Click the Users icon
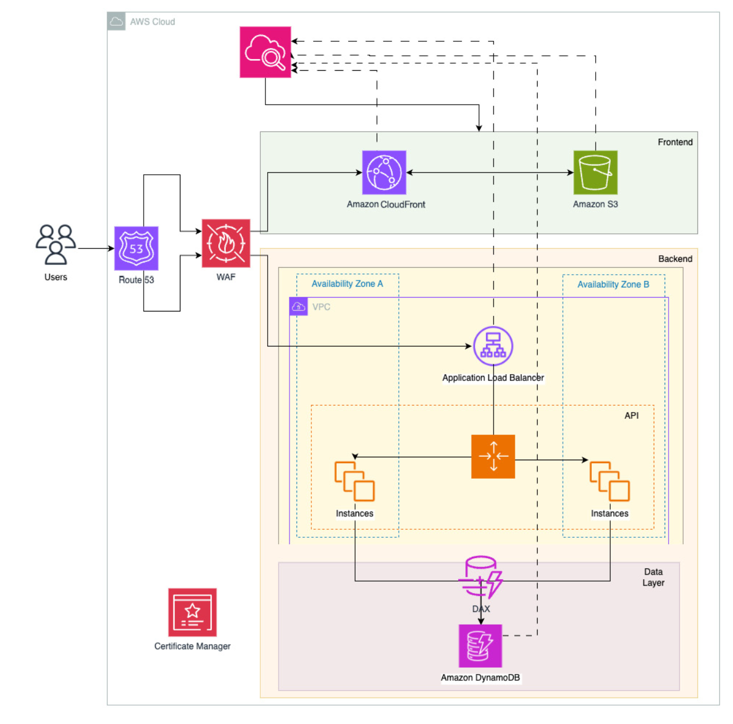(x=56, y=244)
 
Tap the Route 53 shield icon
(x=136, y=248)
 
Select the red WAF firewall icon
(x=226, y=243)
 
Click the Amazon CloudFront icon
(x=384, y=172)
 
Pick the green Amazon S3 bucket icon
(x=595, y=172)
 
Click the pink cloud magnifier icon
(x=265, y=52)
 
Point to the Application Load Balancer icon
(x=493, y=346)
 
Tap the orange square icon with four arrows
(x=493, y=456)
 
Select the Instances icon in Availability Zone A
(x=354, y=482)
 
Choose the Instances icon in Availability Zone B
(x=609, y=482)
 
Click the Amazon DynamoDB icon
(x=480, y=646)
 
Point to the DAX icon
(x=481, y=578)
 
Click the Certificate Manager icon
(x=192, y=612)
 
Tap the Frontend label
(x=675, y=142)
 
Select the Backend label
(x=675, y=259)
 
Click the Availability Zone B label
(x=613, y=284)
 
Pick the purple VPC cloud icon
(x=299, y=307)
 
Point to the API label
(x=631, y=415)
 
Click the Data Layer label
(x=653, y=577)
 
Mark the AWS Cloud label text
(x=152, y=22)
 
